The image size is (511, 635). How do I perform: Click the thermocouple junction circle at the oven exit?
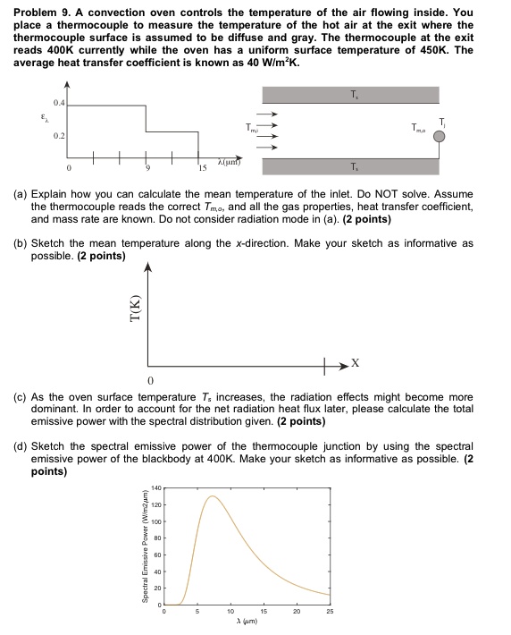tap(439, 137)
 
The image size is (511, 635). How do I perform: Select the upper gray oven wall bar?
tap(349, 95)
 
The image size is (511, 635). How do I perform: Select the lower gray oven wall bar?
tap(349, 166)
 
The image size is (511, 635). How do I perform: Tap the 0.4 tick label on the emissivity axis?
tap(58, 105)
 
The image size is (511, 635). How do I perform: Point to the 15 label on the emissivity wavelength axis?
tap(202, 168)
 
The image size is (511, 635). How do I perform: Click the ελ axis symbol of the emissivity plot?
tap(35, 116)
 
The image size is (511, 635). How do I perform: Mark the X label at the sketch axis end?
tap(356, 364)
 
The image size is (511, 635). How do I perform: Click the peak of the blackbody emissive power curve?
tap(213, 496)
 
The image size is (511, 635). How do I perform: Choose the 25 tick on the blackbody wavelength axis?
tap(330, 610)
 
